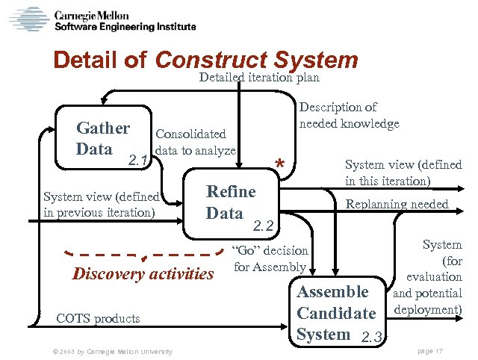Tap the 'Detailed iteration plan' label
(259, 78)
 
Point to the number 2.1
(137, 159)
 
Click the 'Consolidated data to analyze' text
(195, 142)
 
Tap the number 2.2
(264, 225)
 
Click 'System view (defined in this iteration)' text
(403, 173)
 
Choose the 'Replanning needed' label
(396, 204)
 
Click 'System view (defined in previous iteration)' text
(101, 204)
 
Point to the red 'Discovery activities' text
(143, 273)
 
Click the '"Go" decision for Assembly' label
(270, 258)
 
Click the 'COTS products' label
(98, 318)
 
